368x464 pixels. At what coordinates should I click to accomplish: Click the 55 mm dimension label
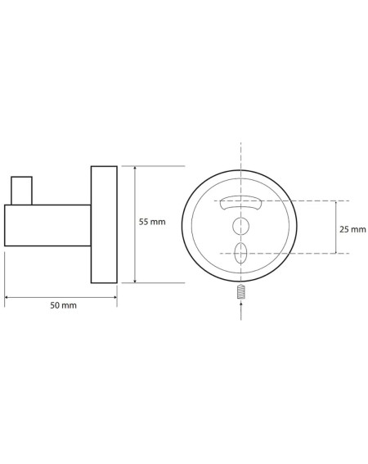coord(152,222)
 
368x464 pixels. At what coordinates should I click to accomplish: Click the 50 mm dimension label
coord(63,305)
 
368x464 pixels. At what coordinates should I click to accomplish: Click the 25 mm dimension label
coord(352,229)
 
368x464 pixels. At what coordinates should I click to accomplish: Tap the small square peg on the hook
coord(21,191)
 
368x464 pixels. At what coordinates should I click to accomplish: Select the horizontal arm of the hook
coord(47,225)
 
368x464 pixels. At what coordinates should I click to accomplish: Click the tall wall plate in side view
coord(104,224)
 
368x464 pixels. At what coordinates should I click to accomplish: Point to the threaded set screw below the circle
coord(241,291)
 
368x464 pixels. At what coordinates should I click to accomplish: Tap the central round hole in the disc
coord(240,226)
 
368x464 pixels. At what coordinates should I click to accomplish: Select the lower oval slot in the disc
coord(240,254)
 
